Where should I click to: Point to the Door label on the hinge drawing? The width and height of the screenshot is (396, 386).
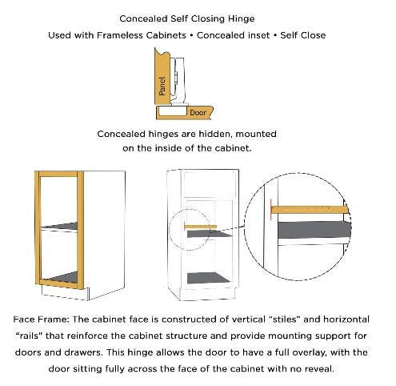[x=197, y=112]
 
